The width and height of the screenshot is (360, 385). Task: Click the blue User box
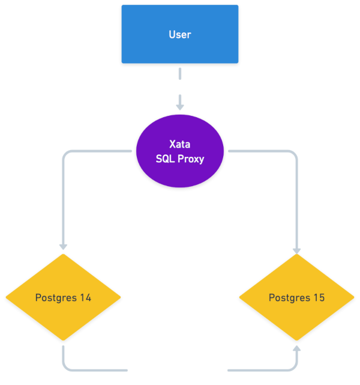point(180,34)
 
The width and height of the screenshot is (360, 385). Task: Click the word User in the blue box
point(180,35)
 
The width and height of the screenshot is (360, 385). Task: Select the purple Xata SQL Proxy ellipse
point(180,151)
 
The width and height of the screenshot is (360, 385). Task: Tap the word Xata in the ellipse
point(180,144)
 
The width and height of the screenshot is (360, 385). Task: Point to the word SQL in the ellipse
point(165,159)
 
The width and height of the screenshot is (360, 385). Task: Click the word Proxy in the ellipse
point(191,159)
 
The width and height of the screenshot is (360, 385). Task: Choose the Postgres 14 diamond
point(63,297)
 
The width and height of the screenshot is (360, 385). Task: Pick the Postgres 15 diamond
point(297,297)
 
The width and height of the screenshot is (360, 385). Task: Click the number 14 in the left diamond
point(86,297)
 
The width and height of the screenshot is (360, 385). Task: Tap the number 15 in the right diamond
point(319,297)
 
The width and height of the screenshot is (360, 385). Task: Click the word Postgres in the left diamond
point(56,298)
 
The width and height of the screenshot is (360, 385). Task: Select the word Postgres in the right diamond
point(290,298)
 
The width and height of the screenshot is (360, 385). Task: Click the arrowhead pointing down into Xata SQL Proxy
point(180,107)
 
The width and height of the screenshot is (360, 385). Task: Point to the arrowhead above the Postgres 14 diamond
point(63,247)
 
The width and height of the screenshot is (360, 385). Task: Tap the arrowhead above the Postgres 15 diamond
point(297,251)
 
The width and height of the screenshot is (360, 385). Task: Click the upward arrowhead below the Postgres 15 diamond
point(297,348)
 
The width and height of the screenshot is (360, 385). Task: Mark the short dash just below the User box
point(180,74)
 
